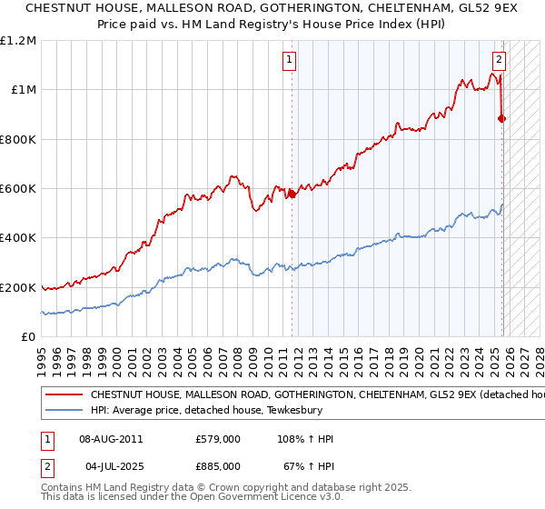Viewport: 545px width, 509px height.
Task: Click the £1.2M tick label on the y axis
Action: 18,40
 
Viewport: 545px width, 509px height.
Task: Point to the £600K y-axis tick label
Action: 18,189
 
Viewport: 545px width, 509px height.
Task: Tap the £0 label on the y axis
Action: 29,337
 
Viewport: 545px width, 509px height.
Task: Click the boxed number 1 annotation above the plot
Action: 289,61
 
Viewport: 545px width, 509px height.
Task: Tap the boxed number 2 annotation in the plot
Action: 499,61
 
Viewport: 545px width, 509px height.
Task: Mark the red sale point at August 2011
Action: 292,194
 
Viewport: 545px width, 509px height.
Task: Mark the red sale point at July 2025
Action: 502,118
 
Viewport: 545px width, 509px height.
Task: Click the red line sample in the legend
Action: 64,395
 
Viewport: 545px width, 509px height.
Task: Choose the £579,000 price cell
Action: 217,439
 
